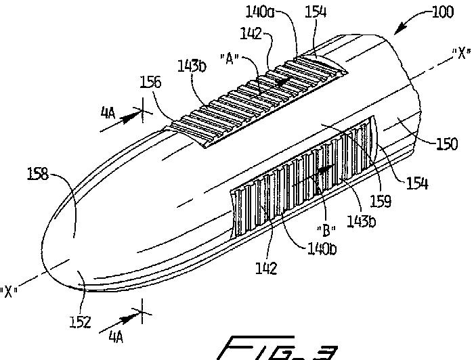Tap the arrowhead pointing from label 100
397,32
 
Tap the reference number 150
448,144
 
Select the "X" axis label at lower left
9,292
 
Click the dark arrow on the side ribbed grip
327,171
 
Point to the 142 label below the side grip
267,268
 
